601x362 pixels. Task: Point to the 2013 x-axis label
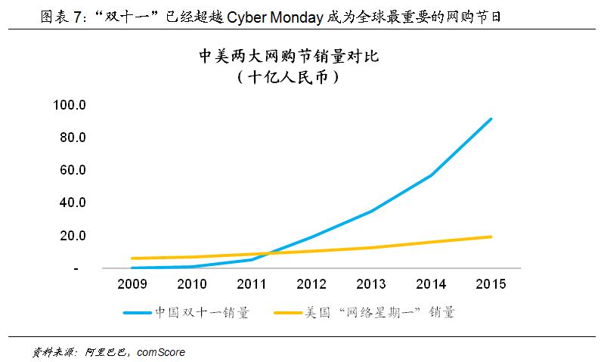tap(371, 285)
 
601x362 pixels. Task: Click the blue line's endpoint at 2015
tap(491, 119)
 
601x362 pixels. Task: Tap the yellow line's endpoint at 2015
tap(491, 237)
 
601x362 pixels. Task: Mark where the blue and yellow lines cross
tap(265, 253)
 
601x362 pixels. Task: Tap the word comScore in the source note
tap(161, 352)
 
